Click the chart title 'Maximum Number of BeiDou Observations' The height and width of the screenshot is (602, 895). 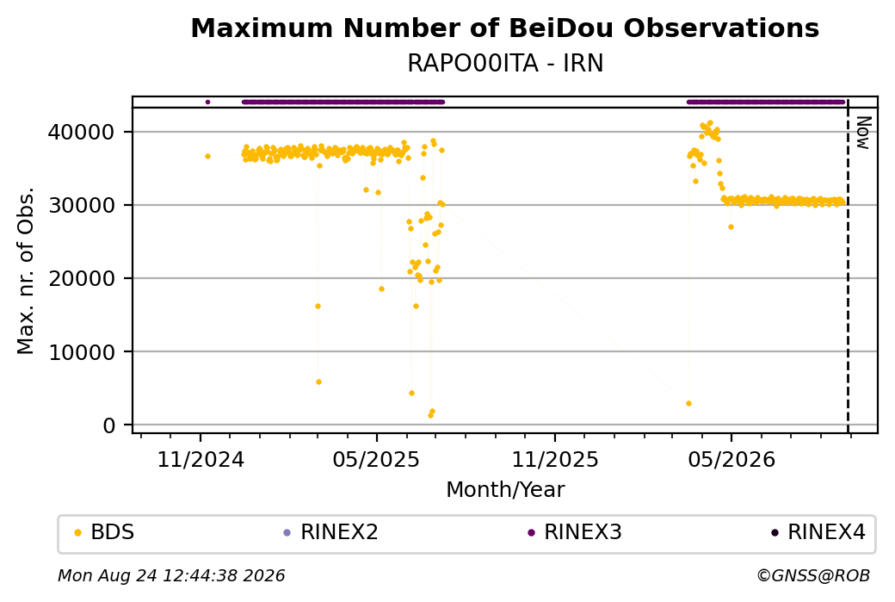[x=504, y=28]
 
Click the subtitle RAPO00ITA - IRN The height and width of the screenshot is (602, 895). [x=505, y=64]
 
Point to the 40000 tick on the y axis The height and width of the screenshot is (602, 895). [x=82, y=132]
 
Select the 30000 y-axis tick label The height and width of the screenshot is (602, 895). [x=82, y=205]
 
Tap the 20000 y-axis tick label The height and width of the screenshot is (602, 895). [x=82, y=279]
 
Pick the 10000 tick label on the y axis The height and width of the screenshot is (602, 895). [x=82, y=352]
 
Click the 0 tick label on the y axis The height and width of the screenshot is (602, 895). [x=109, y=425]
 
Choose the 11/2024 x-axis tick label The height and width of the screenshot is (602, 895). [x=201, y=459]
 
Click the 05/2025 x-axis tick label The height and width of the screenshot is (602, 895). [x=376, y=459]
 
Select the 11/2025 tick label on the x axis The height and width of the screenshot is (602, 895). [x=555, y=459]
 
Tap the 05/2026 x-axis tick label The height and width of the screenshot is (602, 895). [x=731, y=459]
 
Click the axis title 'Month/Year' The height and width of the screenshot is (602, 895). [x=505, y=489]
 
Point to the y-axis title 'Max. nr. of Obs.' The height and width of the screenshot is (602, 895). [x=26, y=270]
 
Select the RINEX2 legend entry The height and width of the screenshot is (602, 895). [x=331, y=532]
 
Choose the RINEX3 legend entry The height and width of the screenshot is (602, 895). [x=575, y=532]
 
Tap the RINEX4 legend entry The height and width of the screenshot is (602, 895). [x=818, y=532]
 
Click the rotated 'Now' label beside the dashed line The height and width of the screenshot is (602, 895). [x=864, y=133]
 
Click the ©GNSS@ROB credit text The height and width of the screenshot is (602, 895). [x=813, y=575]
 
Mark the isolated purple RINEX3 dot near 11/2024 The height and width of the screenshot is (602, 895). [x=207, y=102]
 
